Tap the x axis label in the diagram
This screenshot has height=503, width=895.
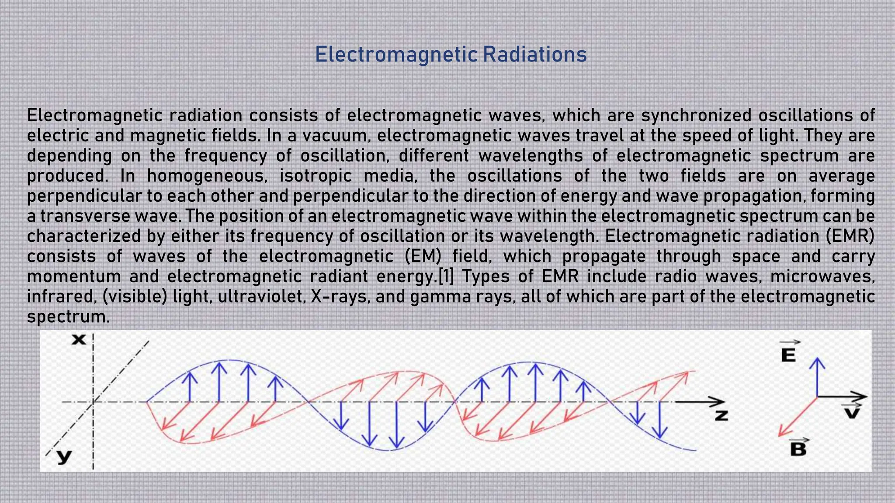coord(79,339)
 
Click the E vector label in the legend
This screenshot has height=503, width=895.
coord(788,355)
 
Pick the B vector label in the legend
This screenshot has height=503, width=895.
coord(798,449)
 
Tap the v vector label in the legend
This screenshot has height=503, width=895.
coord(851,412)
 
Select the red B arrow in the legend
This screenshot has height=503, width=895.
coord(797,417)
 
